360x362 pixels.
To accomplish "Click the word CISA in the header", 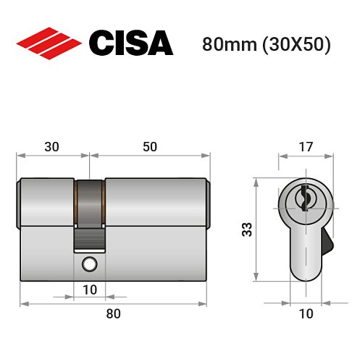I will pyautogui.click(x=130, y=43).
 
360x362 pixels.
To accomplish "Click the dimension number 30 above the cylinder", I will pyautogui.click(x=51, y=146).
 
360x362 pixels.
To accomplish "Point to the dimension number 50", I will pyautogui.click(x=149, y=146).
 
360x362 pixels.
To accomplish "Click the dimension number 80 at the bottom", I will pyautogui.click(x=113, y=313).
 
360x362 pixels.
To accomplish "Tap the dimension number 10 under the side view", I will pyautogui.click(x=89, y=290).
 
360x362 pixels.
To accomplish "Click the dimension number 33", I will pyautogui.click(x=246, y=230).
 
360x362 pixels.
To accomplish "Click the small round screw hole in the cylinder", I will pyautogui.click(x=89, y=264).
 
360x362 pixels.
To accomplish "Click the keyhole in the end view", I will pyautogui.click(x=304, y=196).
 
